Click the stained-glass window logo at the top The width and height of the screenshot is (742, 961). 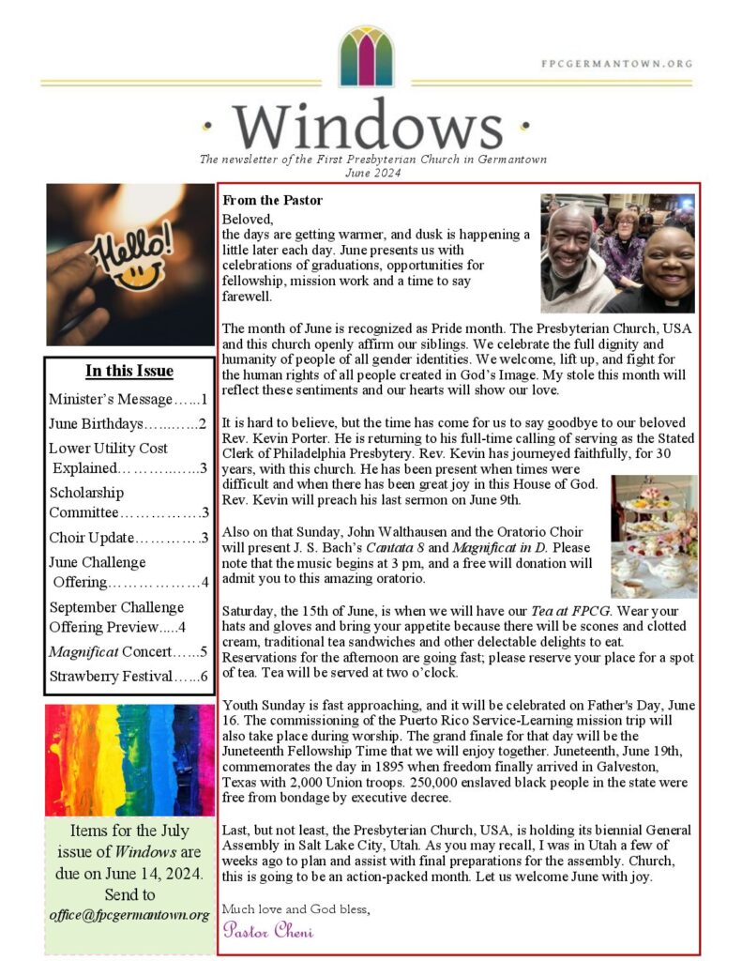[x=366, y=57]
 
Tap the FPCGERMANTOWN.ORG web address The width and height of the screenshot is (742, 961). [x=616, y=65]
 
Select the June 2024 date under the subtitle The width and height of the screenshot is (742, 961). [x=372, y=173]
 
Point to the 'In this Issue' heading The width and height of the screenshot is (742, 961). [x=129, y=371]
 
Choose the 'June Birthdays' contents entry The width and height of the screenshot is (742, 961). [x=128, y=423]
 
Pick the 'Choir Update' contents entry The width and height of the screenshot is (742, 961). [x=128, y=538]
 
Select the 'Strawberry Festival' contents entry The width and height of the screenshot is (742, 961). [x=128, y=676]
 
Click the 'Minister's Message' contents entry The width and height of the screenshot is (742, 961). [x=128, y=399]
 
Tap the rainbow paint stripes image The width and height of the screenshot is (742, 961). [x=129, y=760]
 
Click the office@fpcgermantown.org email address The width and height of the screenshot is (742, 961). [x=129, y=914]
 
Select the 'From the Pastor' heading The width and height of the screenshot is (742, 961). [x=272, y=200]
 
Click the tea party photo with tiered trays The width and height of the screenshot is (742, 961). [x=654, y=536]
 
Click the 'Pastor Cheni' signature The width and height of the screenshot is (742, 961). [x=268, y=931]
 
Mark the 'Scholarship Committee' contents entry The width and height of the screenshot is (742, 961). [x=128, y=502]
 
